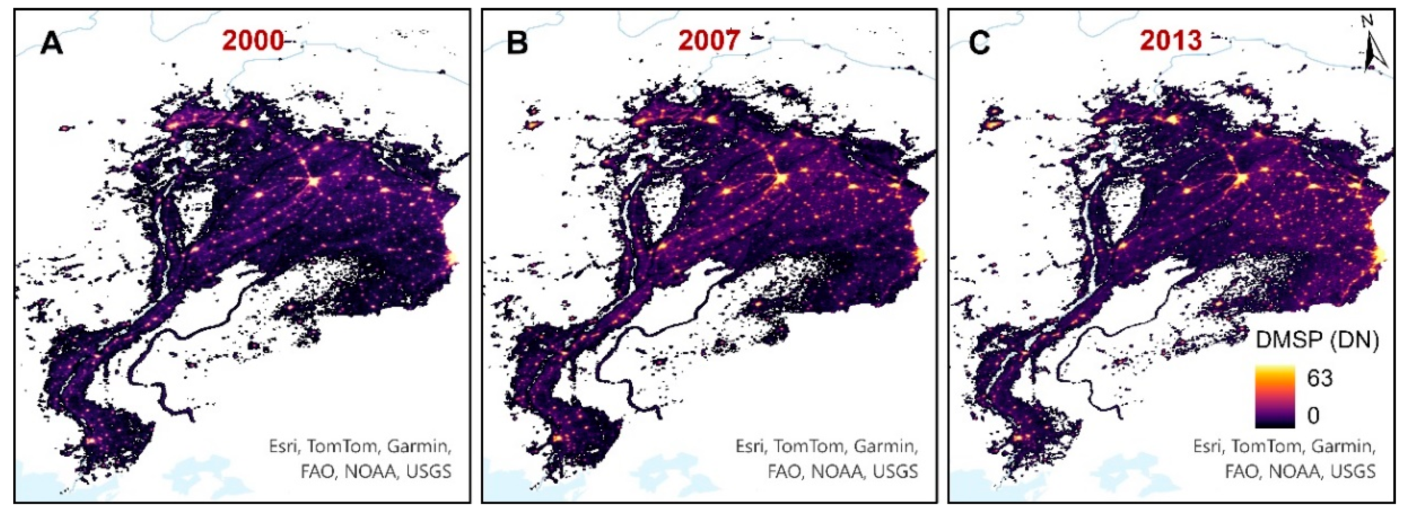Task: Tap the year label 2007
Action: pyautogui.click(x=709, y=41)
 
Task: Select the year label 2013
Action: pyautogui.click(x=1170, y=41)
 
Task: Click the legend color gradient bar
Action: pyautogui.click(x=1275, y=396)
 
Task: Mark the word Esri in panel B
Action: pyautogui.click(x=751, y=446)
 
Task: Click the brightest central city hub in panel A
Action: pyautogui.click(x=313, y=181)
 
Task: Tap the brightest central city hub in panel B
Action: pyautogui.click(x=781, y=179)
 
